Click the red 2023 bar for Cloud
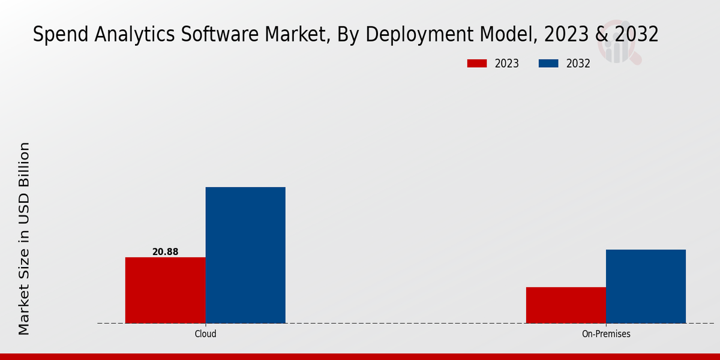click(x=165, y=290)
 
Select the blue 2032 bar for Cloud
click(x=245, y=255)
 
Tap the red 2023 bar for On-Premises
click(x=566, y=305)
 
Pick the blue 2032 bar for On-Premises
click(x=646, y=286)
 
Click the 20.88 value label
click(x=165, y=252)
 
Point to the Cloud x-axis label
click(x=205, y=334)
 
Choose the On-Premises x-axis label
click(x=606, y=334)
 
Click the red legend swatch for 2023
click(x=477, y=64)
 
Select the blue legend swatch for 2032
click(x=548, y=64)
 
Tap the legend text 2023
click(x=507, y=64)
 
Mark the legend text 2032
click(x=578, y=64)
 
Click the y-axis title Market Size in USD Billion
click(x=24, y=239)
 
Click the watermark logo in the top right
click(x=619, y=42)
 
